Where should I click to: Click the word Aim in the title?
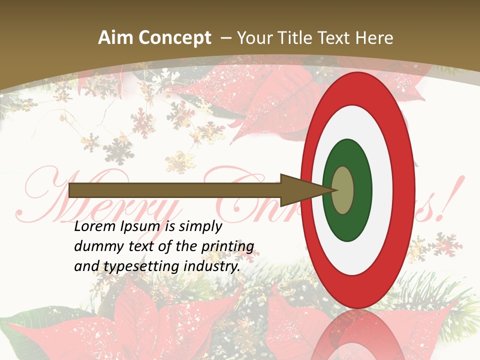coord(116,38)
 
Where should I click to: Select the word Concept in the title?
coord(175,38)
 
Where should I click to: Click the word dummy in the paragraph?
coord(95,246)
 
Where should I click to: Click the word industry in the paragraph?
coord(212,266)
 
